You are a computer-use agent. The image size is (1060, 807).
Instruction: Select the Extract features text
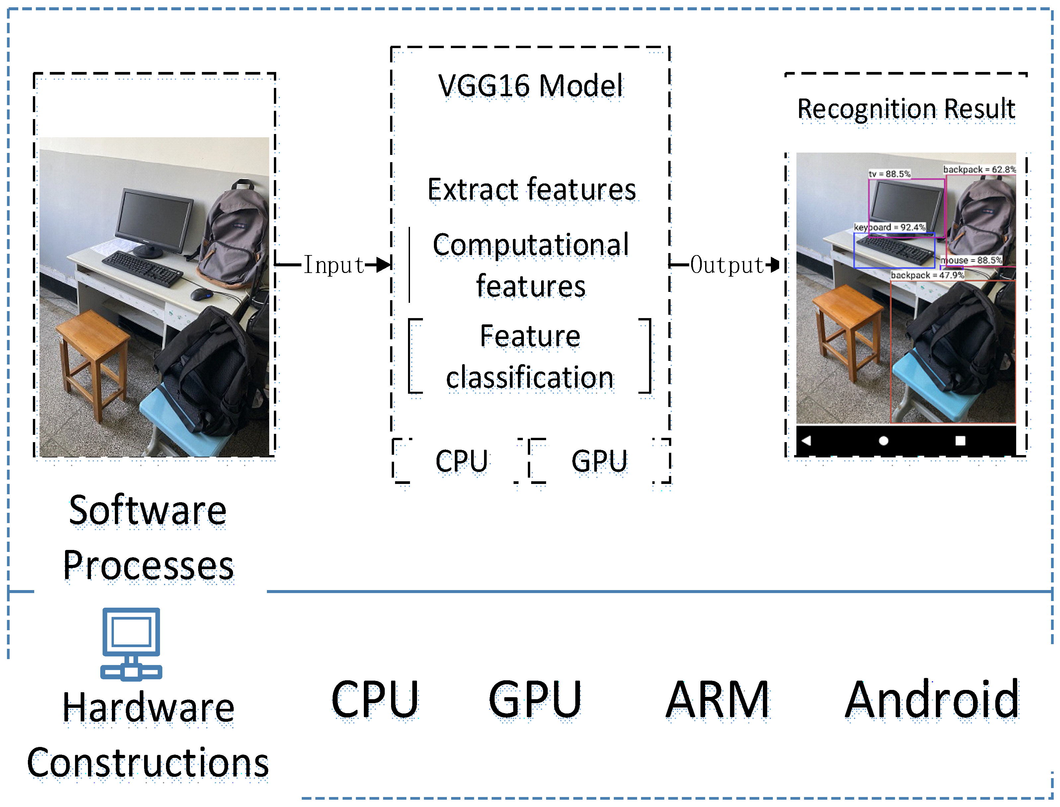pyautogui.click(x=531, y=189)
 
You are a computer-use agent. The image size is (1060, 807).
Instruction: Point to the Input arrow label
pyautogui.click(x=334, y=265)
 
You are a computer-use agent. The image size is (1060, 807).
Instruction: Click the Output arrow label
pyautogui.click(x=726, y=265)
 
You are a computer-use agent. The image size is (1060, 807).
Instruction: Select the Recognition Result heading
pyautogui.click(x=906, y=108)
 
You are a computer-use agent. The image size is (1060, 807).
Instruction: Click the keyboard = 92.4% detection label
pyautogui.click(x=889, y=227)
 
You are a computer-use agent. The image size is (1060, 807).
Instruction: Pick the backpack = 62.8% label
pyautogui.click(x=979, y=169)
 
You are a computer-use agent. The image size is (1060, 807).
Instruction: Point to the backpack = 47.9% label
pyautogui.click(x=927, y=275)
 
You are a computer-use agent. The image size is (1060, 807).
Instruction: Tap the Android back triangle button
pyautogui.click(x=806, y=440)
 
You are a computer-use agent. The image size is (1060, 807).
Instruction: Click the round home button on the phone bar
pyautogui.click(x=883, y=441)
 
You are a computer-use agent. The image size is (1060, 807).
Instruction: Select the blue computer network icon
pyautogui.click(x=131, y=644)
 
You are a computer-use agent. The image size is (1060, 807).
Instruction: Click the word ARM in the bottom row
pyautogui.click(x=717, y=700)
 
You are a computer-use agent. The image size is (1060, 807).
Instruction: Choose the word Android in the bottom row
pyautogui.click(x=931, y=700)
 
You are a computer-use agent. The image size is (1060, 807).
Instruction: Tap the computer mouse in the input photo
pyautogui.click(x=202, y=294)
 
